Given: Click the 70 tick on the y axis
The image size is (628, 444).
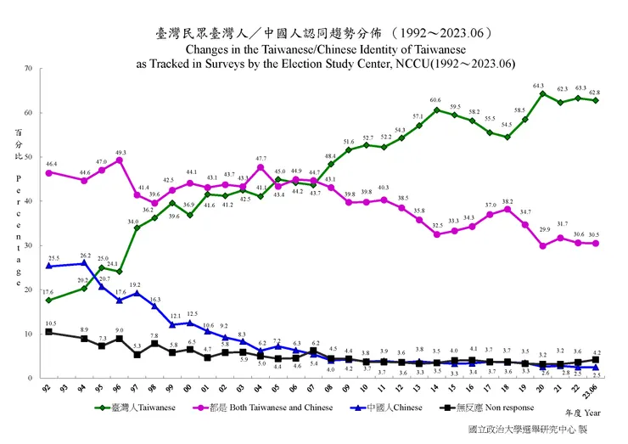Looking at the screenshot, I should (29, 68).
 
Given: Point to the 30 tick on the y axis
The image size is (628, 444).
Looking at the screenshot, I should (29, 245).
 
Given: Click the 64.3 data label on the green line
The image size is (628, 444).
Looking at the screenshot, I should (538, 85).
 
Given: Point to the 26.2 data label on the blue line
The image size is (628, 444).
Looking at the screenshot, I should (85, 255).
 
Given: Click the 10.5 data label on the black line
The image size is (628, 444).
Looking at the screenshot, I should (50, 323).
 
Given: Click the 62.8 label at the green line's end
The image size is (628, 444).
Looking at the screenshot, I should (597, 92).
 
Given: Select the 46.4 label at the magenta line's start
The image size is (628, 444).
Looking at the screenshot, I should (51, 163).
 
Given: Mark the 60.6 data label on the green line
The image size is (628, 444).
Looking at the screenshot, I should (436, 101).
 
